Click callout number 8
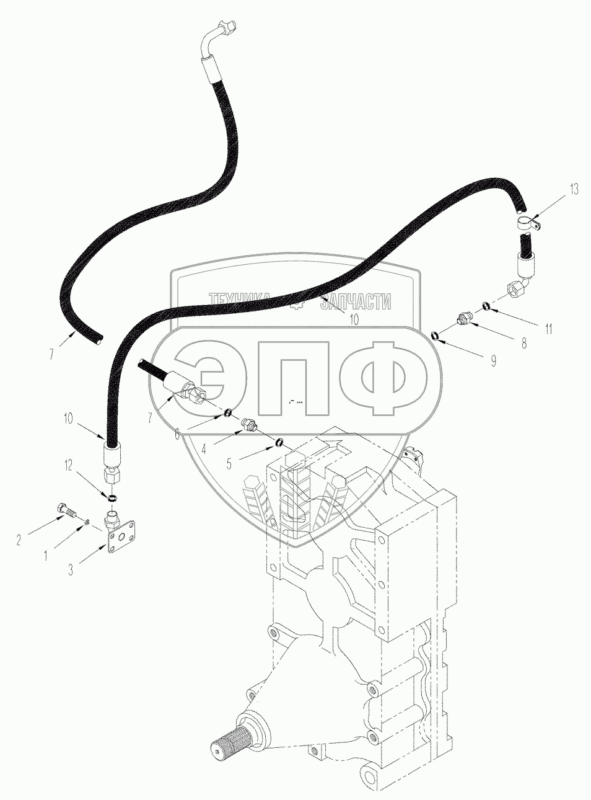pos(524,344)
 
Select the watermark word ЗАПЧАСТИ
pos(360,301)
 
